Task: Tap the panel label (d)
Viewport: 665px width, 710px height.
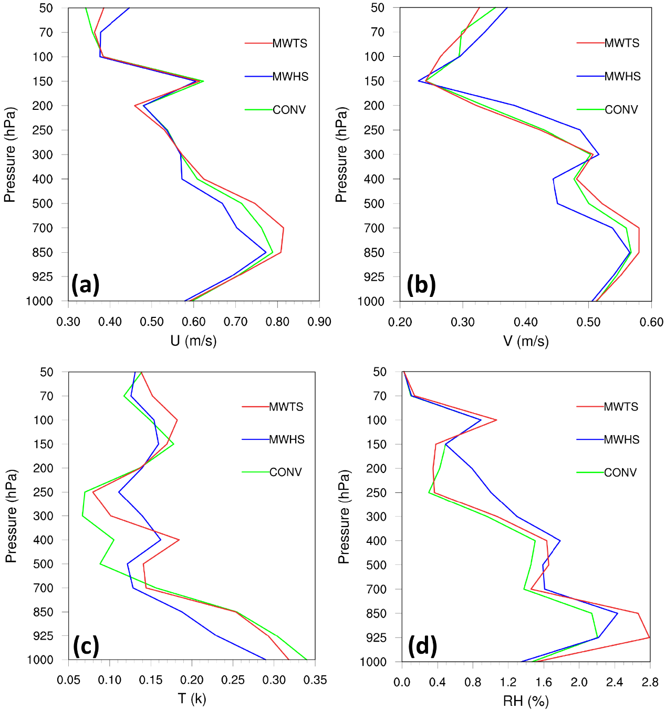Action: pos(422,646)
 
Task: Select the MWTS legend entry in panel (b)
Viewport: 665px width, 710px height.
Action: pos(621,43)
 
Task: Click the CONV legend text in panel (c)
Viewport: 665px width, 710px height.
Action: pos(285,472)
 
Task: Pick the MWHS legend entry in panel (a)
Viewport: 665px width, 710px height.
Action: pos(290,77)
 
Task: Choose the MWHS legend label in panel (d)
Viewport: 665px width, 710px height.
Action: pos(621,440)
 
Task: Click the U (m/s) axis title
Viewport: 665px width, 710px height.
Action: pos(193,341)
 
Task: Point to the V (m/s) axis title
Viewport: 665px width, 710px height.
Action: pos(525,341)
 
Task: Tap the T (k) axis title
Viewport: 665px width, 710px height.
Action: pos(192,698)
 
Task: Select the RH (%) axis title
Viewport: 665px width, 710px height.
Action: pos(525,701)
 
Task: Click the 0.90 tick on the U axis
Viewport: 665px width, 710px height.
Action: pos(319,322)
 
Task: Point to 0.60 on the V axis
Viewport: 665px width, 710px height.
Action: pos(651,322)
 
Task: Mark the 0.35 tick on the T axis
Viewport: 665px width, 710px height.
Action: pos(315,680)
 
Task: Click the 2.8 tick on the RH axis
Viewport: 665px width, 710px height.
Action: pos(650,682)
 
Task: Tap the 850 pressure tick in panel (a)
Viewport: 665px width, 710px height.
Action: pos(43,252)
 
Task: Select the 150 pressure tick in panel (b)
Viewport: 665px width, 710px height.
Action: pos(375,81)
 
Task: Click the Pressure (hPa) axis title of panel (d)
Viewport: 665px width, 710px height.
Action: pos(344,517)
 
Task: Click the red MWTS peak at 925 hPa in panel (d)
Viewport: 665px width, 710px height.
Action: pos(649,637)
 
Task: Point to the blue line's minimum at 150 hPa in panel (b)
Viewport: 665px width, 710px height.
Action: pos(419,81)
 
